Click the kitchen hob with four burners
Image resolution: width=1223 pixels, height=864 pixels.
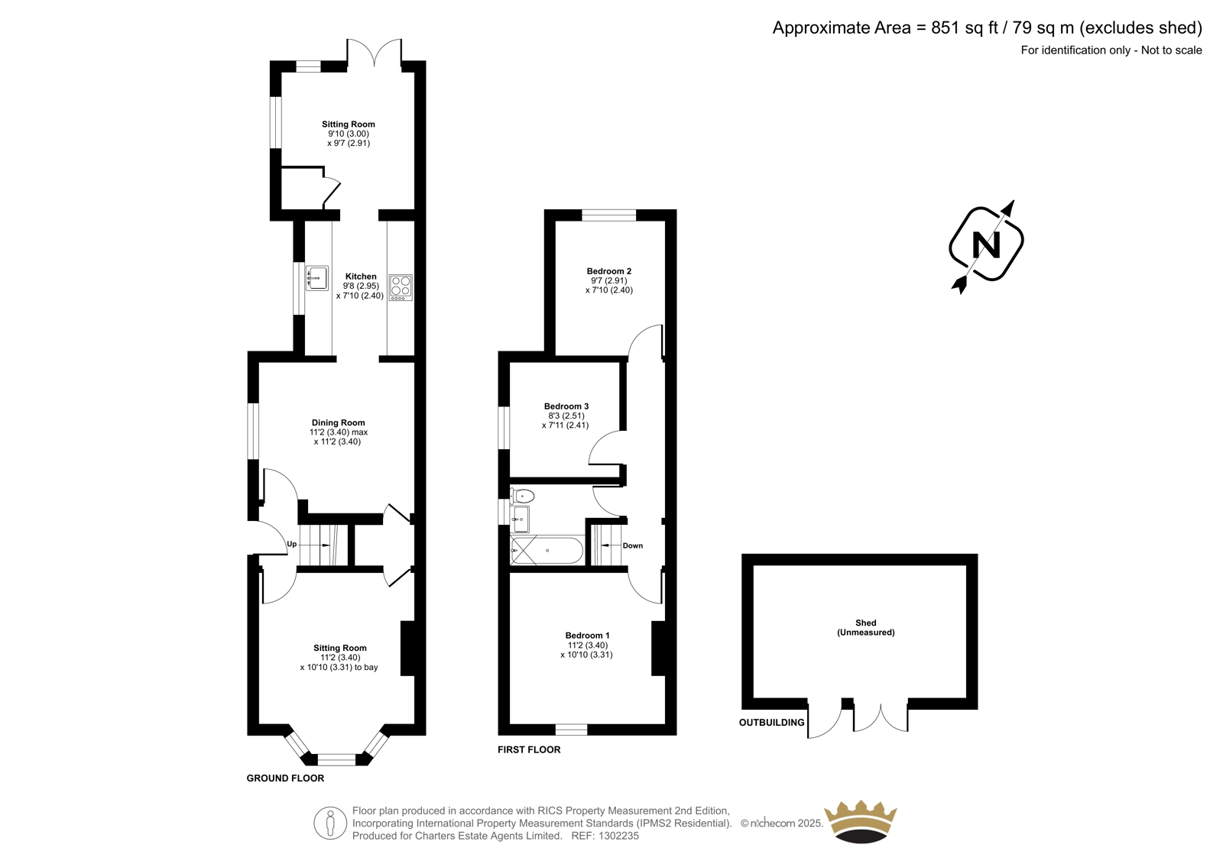[401, 287]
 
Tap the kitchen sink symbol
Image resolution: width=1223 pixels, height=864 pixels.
[316, 278]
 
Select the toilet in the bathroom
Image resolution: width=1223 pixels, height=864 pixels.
[523, 496]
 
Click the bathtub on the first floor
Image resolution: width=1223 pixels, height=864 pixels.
[547, 551]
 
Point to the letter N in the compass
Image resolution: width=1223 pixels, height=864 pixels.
[986, 244]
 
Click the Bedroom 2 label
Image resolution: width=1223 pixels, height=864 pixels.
[608, 271]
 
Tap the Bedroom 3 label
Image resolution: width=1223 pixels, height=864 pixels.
[566, 406]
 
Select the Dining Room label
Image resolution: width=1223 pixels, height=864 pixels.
[338, 422]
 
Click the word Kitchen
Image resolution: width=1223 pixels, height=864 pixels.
[361, 277]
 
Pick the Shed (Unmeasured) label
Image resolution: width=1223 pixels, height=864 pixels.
[866, 628]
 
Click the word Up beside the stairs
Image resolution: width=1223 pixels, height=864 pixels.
[291, 544]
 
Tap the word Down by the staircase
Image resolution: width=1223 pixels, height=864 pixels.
[633, 545]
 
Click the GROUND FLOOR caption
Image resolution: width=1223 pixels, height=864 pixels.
[285, 778]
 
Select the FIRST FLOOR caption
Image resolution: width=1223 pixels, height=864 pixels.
[529, 750]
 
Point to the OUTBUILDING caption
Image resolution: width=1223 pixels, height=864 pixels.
[771, 723]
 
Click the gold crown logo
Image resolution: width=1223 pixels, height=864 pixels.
[861, 821]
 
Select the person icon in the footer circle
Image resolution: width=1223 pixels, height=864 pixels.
[329, 823]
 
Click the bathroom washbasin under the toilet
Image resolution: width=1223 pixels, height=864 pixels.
[520, 519]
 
